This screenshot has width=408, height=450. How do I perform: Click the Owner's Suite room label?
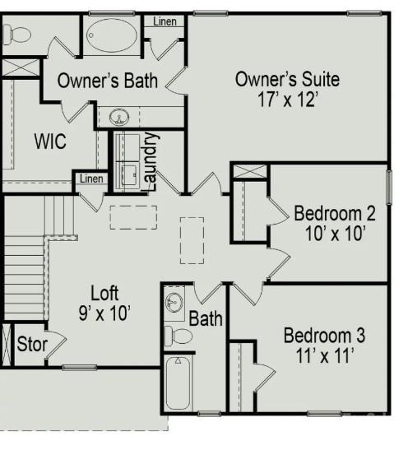click(x=287, y=80)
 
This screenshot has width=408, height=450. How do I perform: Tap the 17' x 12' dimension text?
click(x=288, y=100)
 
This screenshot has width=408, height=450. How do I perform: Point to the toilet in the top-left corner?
click(x=17, y=35)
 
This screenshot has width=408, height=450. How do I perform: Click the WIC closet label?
click(x=50, y=141)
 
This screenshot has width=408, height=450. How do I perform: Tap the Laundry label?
click(x=151, y=160)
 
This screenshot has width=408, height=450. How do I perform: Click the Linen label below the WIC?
click(x=92, y=179)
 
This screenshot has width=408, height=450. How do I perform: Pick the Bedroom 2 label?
click(x=335, y=214)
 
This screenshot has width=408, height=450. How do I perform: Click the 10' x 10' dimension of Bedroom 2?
click(x=335, y=233)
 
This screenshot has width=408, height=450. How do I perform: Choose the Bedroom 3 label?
click(x=324, y=336)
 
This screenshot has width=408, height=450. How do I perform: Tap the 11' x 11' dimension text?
click(x=324, y=355)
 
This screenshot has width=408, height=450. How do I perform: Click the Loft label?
click(x=104, y=293)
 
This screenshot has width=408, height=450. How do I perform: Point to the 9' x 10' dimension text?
click(x=104, y=312)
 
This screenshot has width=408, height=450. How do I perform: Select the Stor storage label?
click(x=32, y=344)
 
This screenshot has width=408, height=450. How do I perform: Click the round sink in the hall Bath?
click(x=175, y=301)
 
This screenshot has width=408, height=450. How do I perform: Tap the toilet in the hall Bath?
click(x=178, y=336)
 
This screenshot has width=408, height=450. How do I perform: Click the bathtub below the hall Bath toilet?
click(x=178, y=383)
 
